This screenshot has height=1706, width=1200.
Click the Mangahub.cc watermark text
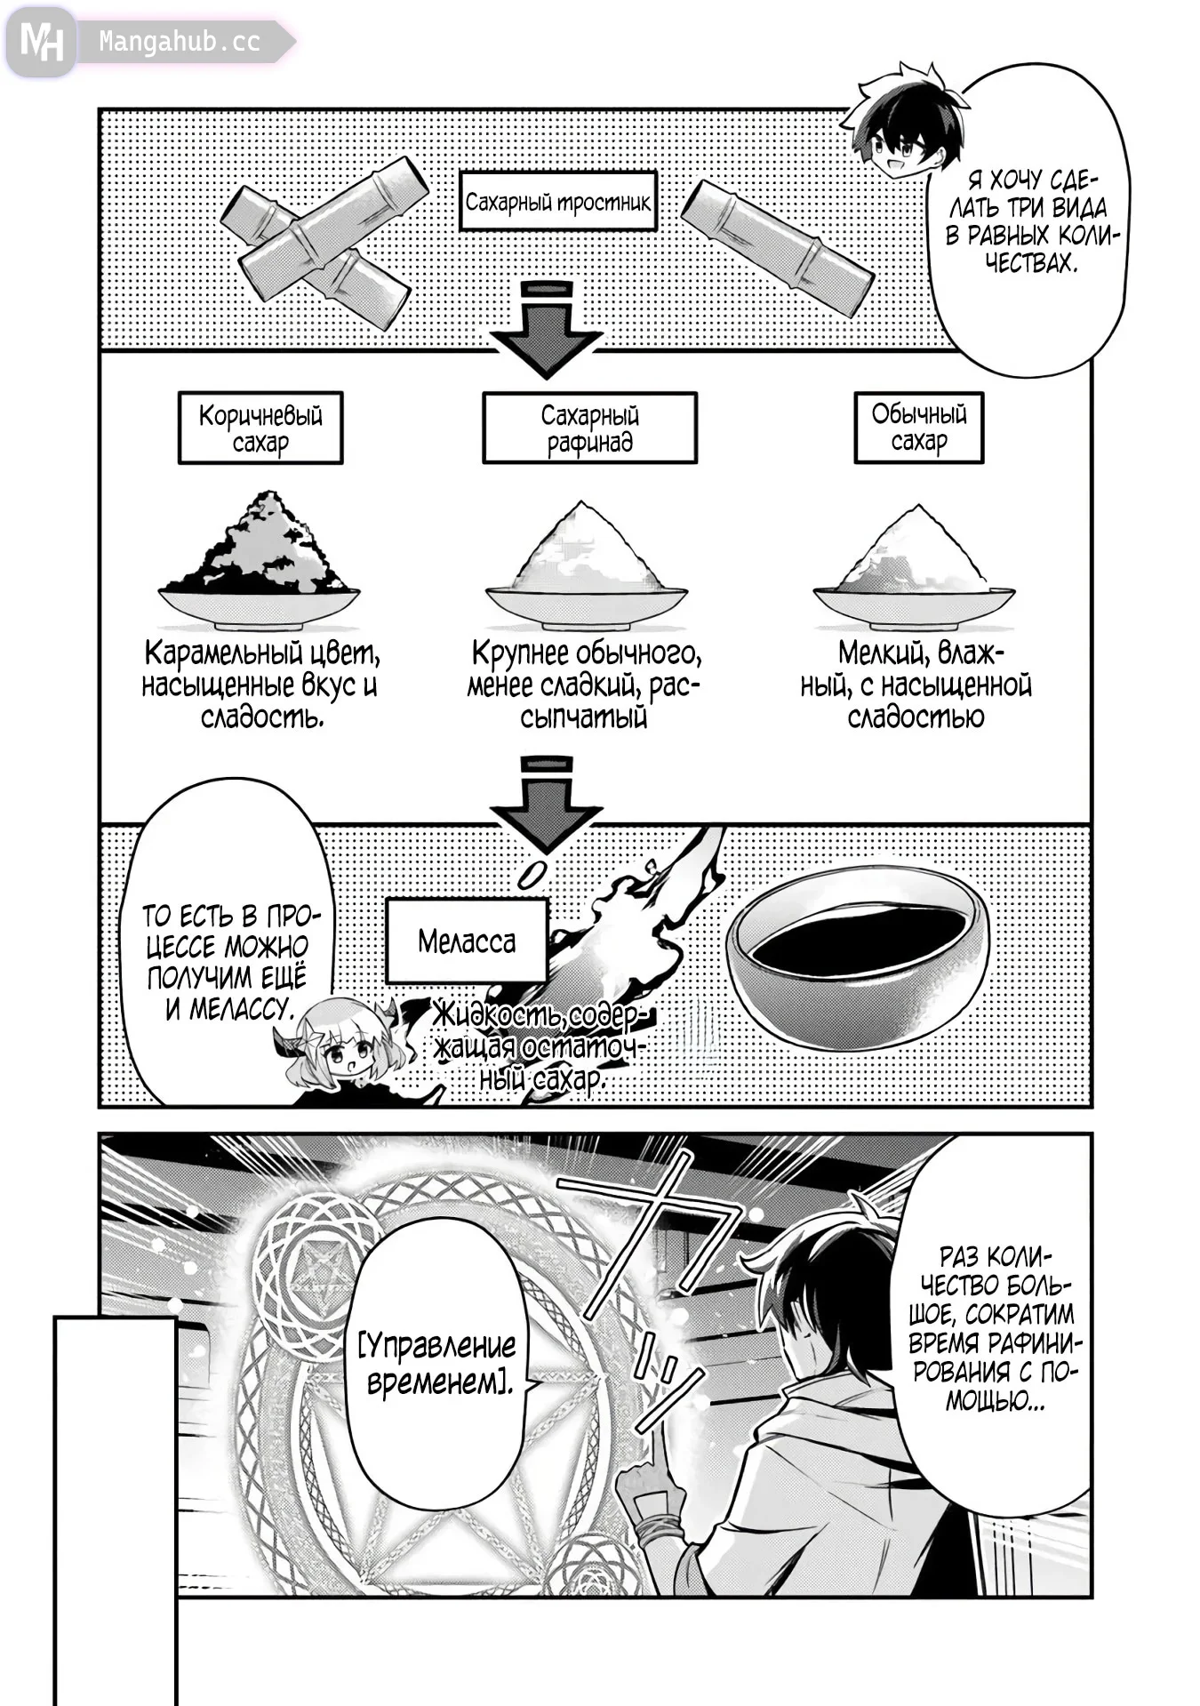pos(179,42)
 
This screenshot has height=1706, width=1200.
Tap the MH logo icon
pos(42,41)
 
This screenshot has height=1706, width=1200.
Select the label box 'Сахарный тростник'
pos(557,203)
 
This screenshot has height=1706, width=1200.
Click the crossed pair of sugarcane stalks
pos(322,242)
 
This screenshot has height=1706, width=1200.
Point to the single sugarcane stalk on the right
pos(777,247)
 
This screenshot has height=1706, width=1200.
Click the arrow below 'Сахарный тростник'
pos(546,329)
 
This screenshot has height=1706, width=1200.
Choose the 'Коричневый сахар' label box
pos(260,429)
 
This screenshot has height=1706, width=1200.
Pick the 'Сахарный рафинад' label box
pos(589,429)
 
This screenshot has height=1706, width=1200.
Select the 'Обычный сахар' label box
pos(918,428)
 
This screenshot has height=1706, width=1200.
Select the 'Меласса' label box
pos(467,941)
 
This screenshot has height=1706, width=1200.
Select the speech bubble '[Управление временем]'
pos(439,1364)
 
